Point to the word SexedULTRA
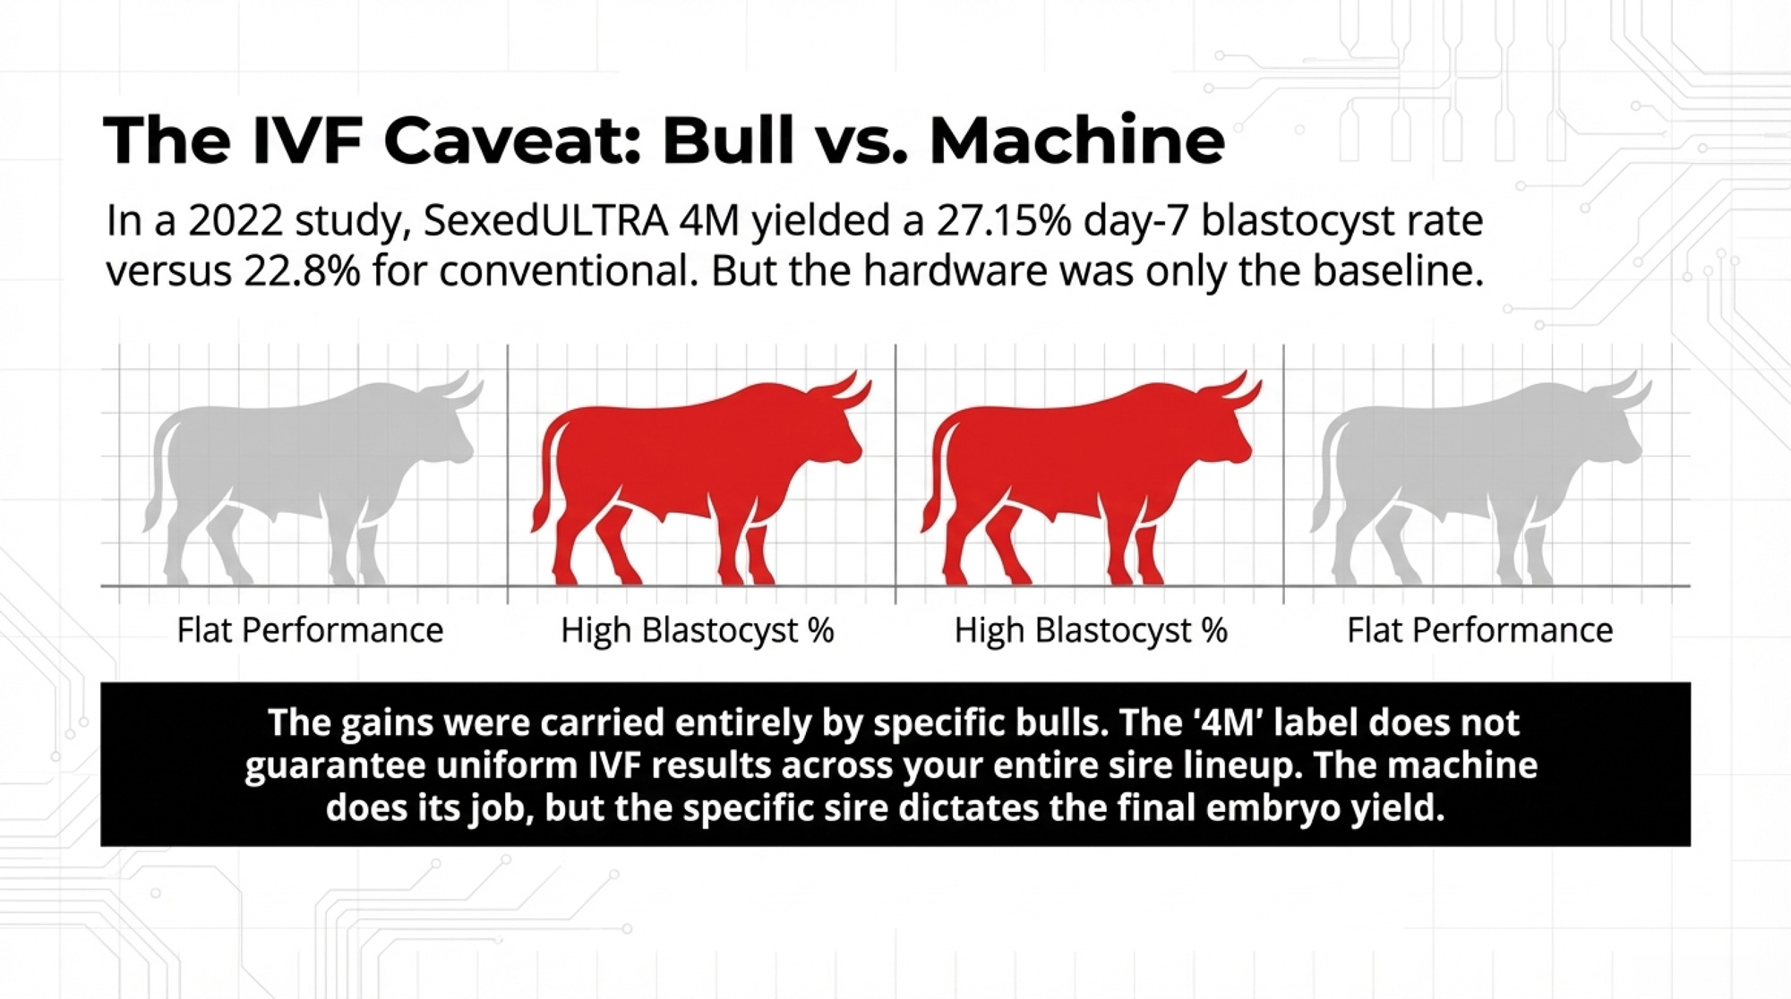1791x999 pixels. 545,221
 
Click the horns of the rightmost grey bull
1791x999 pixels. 1622,392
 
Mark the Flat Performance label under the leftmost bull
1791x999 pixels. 310,630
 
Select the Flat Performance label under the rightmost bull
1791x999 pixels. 1480,630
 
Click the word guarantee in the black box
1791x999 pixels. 327,767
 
